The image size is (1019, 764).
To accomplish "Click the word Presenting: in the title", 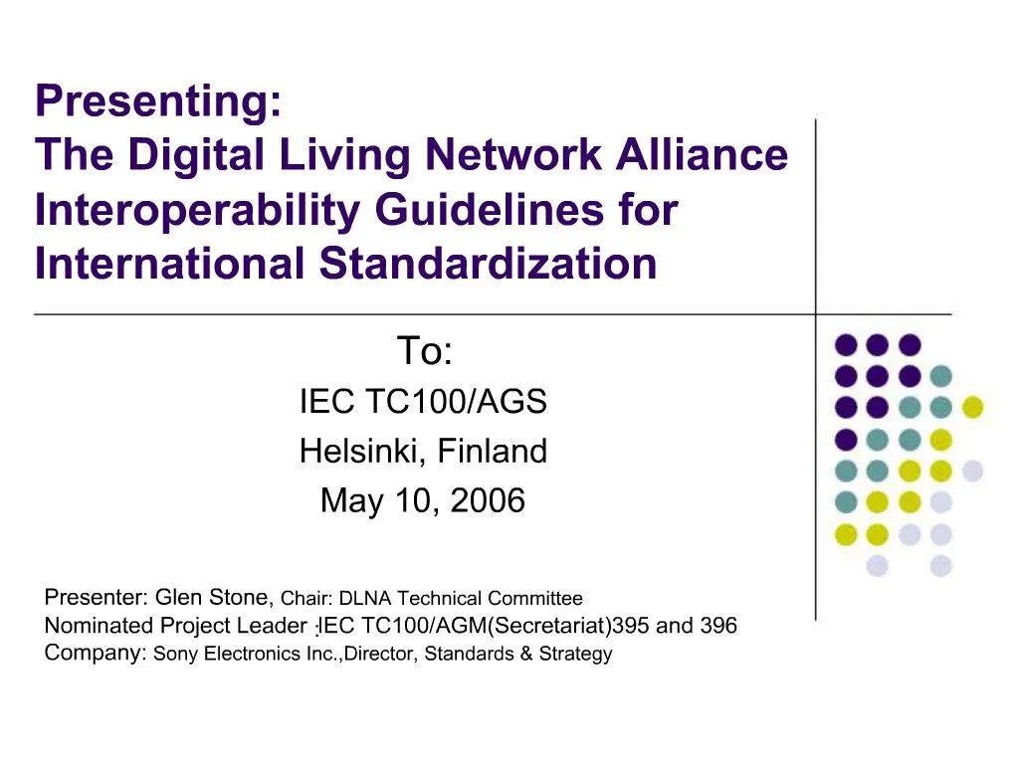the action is pyautogui.click(x=159, y=101).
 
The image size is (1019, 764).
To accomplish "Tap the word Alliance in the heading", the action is pyautogui.click(x=702, y=154).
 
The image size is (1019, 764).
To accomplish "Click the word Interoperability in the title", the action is pyautogui.click(x=197, y=211).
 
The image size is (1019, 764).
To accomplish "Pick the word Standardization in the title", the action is pyautogui.click(x=488, y=263).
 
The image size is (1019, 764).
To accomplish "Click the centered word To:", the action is pyautogui.click(x=424, y=351).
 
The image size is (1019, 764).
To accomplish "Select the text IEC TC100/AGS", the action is pyautogui.click(x=423, y=401).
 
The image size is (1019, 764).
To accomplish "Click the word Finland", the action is pyautogui.click(x=492, y=451).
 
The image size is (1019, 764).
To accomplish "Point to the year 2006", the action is pyautogui.click(x=488, y=500).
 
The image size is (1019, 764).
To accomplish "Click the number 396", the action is pyautogui.click(x=718, y=625).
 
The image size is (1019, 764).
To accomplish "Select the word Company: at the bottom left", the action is pyautogui.click(x=96, y=653).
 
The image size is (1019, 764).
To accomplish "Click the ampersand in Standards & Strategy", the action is pyautogui.click(x=526, y=653).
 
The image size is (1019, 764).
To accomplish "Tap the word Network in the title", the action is pyautogui.click(x=513, y=154).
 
